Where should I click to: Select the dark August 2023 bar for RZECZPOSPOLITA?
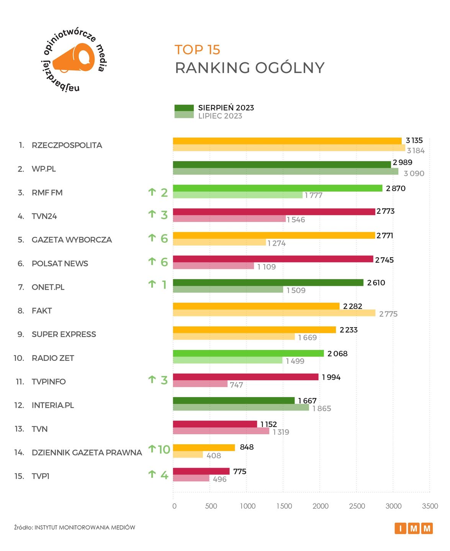287,141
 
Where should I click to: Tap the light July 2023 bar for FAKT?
274,313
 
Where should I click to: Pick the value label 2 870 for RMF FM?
395,188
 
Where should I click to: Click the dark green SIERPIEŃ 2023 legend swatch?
184,108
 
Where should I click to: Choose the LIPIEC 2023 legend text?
220,116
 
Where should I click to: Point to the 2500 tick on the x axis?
357,506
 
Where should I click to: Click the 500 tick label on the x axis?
211,506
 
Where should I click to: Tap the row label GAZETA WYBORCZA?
72,240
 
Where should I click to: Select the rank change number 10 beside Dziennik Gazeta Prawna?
164,449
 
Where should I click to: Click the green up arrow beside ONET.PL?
152,284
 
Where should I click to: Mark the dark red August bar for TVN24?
274,212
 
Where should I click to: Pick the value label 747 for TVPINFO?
236,385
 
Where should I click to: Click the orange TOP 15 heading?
197,50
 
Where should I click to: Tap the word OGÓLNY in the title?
290,68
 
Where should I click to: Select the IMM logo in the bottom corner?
413,528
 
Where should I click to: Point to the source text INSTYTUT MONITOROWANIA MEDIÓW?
85,528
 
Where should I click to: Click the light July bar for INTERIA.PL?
241,408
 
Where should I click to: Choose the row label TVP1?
41,476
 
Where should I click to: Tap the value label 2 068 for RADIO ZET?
337,354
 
